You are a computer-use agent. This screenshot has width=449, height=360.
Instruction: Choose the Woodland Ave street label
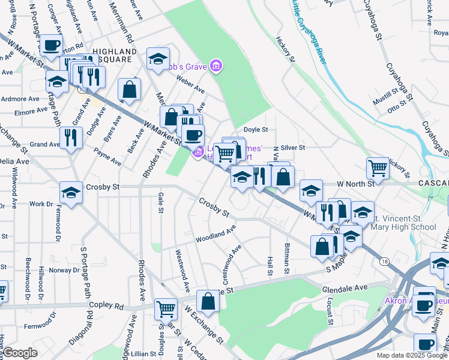(215, 234)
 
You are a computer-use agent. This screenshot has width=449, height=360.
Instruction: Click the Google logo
(19, 353)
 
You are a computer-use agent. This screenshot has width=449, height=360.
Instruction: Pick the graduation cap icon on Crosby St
(71, 193)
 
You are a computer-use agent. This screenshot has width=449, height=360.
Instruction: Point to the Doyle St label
(255, 129)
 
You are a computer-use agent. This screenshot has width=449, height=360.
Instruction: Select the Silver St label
(293, 148)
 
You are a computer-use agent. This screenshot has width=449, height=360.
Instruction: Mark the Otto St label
(397, 109)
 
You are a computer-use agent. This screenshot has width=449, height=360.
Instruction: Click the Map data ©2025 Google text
(411, 355)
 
